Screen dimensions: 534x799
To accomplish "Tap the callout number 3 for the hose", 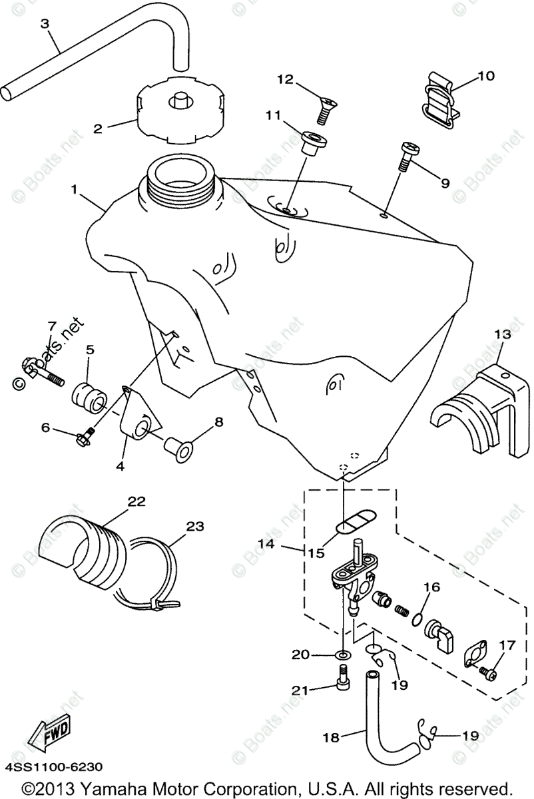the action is [x=45, y=24].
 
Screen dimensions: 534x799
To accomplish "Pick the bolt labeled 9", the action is [x=405, y=156].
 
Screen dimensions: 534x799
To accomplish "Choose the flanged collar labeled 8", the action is [x=178, y=449].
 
